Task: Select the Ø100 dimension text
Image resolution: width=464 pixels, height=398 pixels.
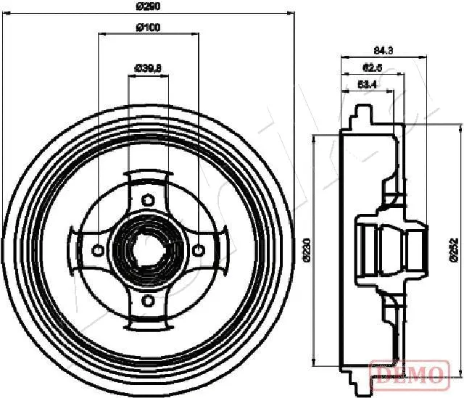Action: point(148,28)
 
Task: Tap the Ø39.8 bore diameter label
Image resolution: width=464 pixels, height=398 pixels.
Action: point(148,68)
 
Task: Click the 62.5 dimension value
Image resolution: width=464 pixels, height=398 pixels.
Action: point(371,68)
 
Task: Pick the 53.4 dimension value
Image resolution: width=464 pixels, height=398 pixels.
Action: point(367,86)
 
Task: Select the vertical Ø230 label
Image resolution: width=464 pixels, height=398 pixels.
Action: point(307,249)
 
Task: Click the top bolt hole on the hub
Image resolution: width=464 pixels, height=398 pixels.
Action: point(148,200)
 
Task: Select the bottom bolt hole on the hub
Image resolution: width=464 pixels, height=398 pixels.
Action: point(148,299)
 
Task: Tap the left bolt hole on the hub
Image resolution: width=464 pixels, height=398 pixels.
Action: point(98,250)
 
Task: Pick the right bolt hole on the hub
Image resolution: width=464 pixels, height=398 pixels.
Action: point(198,250)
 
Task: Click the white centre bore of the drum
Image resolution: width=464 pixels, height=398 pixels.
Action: point(148,250)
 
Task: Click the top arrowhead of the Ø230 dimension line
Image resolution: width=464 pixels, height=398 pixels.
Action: point(313,139)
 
